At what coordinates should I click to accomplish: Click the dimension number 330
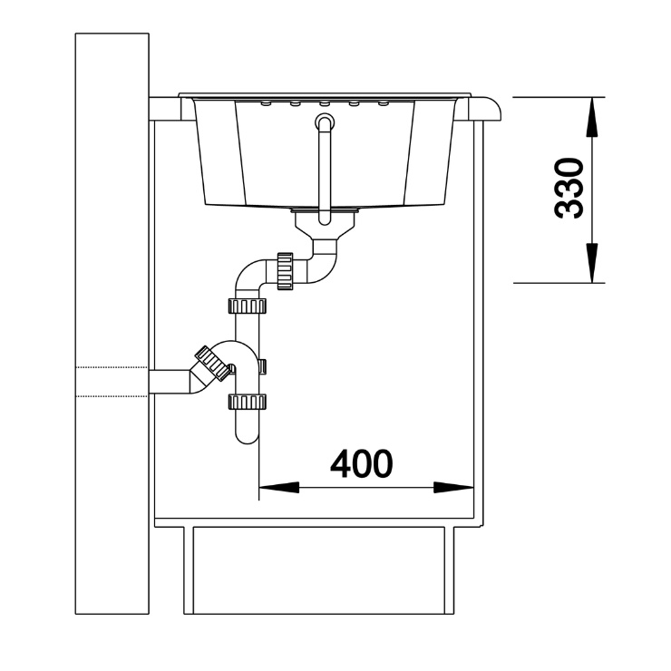tap(569, 189)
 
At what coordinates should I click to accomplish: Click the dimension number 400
tap(362, 464)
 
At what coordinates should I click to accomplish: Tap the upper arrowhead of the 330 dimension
tap(592, 117)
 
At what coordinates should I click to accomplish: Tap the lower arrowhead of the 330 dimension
tap(592, 263)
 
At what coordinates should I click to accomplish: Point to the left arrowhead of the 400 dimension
tap(279, 488)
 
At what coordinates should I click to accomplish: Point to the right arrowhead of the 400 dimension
tap(453, 488)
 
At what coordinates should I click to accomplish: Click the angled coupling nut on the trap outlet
tap(213, 364)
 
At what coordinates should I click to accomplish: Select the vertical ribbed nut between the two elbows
tap(285, 271)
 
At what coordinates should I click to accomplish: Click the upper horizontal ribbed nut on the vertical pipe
tap(248, 306)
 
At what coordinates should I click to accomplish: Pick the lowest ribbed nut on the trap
tap(248, 402)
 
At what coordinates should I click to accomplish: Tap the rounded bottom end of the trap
tap(248, 436)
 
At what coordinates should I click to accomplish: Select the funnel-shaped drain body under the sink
tap(325, 226)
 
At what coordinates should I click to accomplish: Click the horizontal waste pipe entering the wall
tap(171, 382)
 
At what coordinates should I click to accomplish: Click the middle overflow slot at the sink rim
tap(325, 103)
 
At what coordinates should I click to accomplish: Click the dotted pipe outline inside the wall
tap(112, 382)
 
